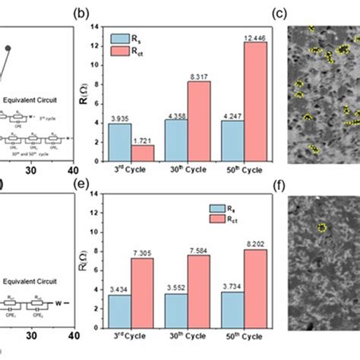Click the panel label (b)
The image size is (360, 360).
pos(98,12)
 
